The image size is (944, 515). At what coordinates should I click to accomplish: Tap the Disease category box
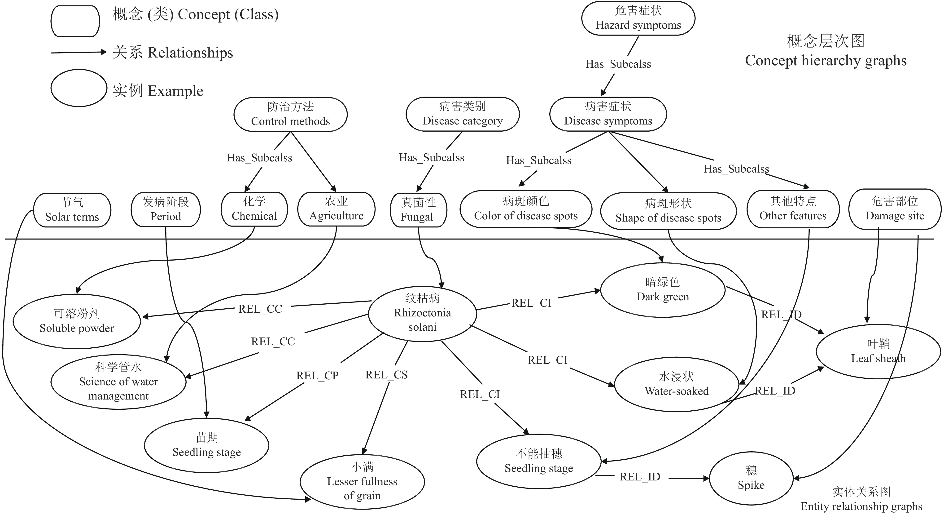[x=463, y=114]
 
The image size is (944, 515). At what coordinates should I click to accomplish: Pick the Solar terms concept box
[x=72, y=210]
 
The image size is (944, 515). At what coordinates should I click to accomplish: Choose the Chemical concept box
[x=254, y=209]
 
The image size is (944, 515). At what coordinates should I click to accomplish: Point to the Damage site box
[x=895, y=209]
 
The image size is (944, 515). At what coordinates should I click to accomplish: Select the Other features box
[x=793, y=209]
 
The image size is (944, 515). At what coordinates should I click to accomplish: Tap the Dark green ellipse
[x=663, y=290]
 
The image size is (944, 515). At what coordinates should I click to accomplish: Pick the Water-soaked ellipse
[x=677, y=384]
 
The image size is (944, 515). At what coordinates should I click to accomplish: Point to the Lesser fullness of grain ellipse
[x=362, y=482]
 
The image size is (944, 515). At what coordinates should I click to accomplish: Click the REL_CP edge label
[x=317, y=376]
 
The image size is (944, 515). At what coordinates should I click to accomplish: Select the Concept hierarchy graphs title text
[x=826, y=60]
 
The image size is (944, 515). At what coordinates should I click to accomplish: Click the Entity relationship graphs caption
[x=861, y=506]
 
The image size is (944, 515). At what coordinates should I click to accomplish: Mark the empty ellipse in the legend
[x=79, y=88]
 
